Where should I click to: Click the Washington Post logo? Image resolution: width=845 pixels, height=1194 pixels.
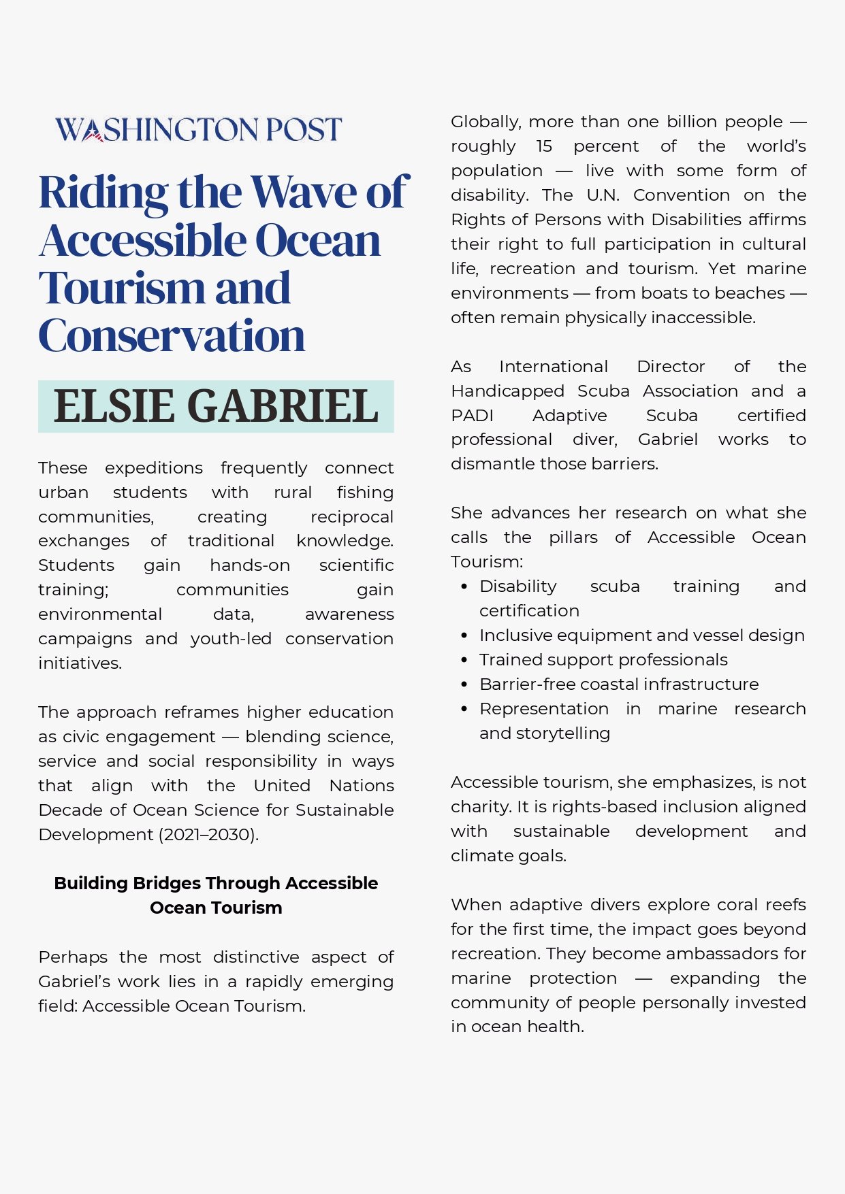click(198, 129)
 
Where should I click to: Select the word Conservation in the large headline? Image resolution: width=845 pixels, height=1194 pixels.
click(172, 335)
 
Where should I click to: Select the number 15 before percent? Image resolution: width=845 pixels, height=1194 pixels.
click(544, 146)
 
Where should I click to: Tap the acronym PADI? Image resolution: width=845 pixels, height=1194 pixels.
click(472, 416)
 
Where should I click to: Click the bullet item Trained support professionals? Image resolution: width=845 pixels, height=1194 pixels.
click(603, 660)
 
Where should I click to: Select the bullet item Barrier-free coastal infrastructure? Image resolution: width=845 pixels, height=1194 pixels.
click(619, 684)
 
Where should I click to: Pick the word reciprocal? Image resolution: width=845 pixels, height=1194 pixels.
click(351, 517)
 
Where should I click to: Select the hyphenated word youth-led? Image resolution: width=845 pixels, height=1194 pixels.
click(231, 639)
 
